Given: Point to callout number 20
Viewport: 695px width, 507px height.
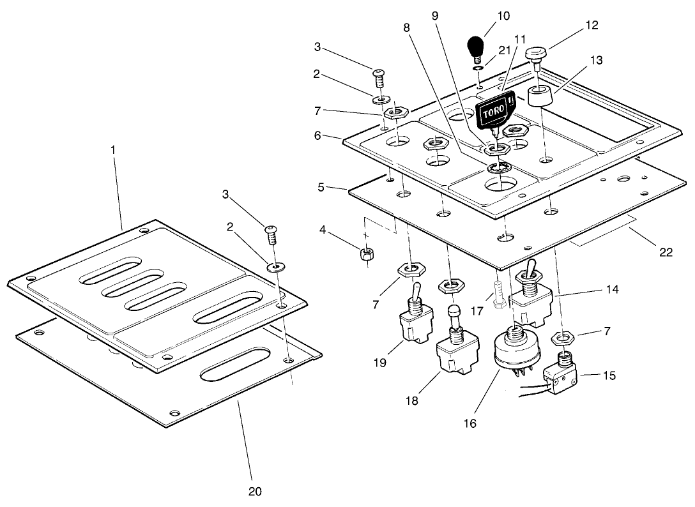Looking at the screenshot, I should tap(256, 492).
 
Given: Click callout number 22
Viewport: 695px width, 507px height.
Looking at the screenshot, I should tap(666, 252).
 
